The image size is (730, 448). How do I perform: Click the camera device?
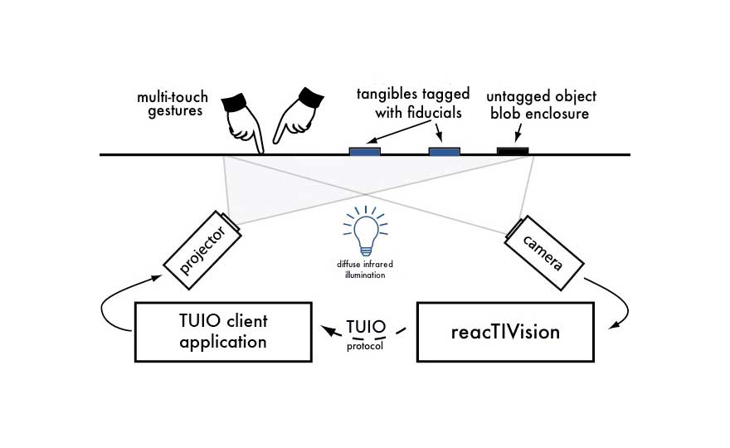(x=543, y=245)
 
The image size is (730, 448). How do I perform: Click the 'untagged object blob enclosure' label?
(x=542, y=105)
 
